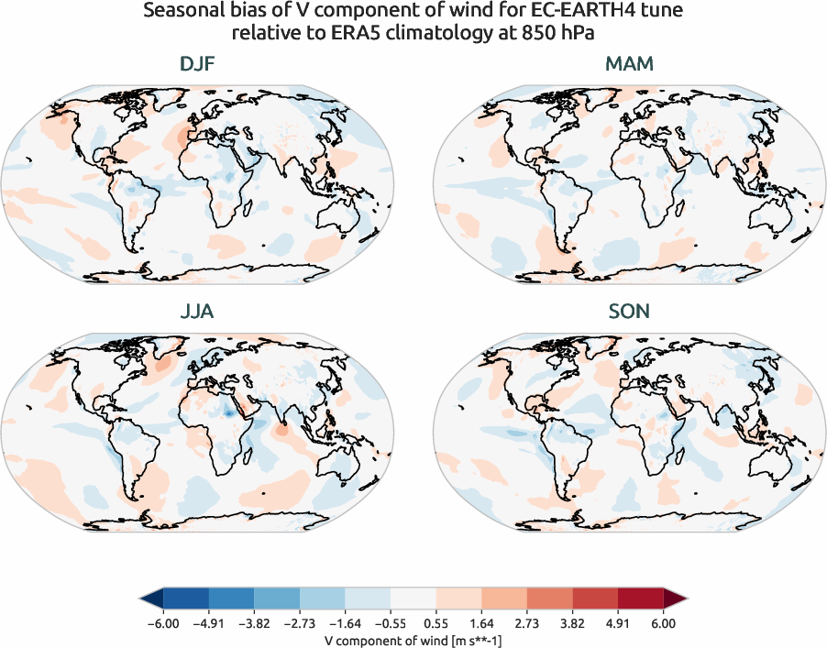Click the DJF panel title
198,64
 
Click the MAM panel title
629,64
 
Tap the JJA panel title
198,312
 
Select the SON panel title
629,312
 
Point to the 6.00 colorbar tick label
664,624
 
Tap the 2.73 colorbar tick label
526,624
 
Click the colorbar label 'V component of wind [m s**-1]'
413,641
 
